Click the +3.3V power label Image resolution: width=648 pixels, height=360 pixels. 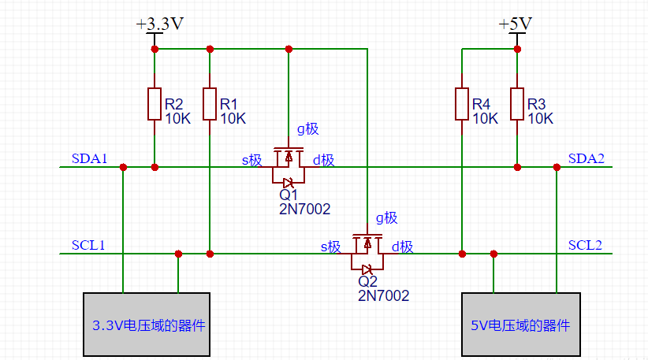pyautogui.click(x=160, y=24)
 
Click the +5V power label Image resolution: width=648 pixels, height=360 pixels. pyautogui.click(x=516, y=24)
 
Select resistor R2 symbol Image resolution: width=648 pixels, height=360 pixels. pyautogui.click(x=155, y=104)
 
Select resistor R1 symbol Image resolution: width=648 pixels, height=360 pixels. pyautogui.click(x=210, y=104)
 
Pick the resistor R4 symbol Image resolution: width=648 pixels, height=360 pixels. pyautogui.click(x=462, y=104)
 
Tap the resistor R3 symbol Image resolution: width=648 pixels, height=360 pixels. pyautogui.click(x=517, y=104)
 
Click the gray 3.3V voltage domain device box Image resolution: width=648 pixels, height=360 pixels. pyautogui.click(x=147, y=324)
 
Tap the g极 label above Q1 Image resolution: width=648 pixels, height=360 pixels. pyautogui.click(x=307, y=129)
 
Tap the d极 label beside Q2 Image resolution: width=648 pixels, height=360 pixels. pyautogui.click(x=402, y=247)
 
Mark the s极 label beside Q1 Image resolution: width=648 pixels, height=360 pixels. pyautogui.click(x=251, y=161)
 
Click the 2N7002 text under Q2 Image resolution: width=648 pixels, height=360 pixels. pyautogui.click(x=384, y=295)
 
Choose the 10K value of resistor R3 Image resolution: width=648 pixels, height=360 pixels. pyautogui.click(x=541, y=119)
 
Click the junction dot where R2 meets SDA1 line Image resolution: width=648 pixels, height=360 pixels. pyautogui.click(x=155, y=167)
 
